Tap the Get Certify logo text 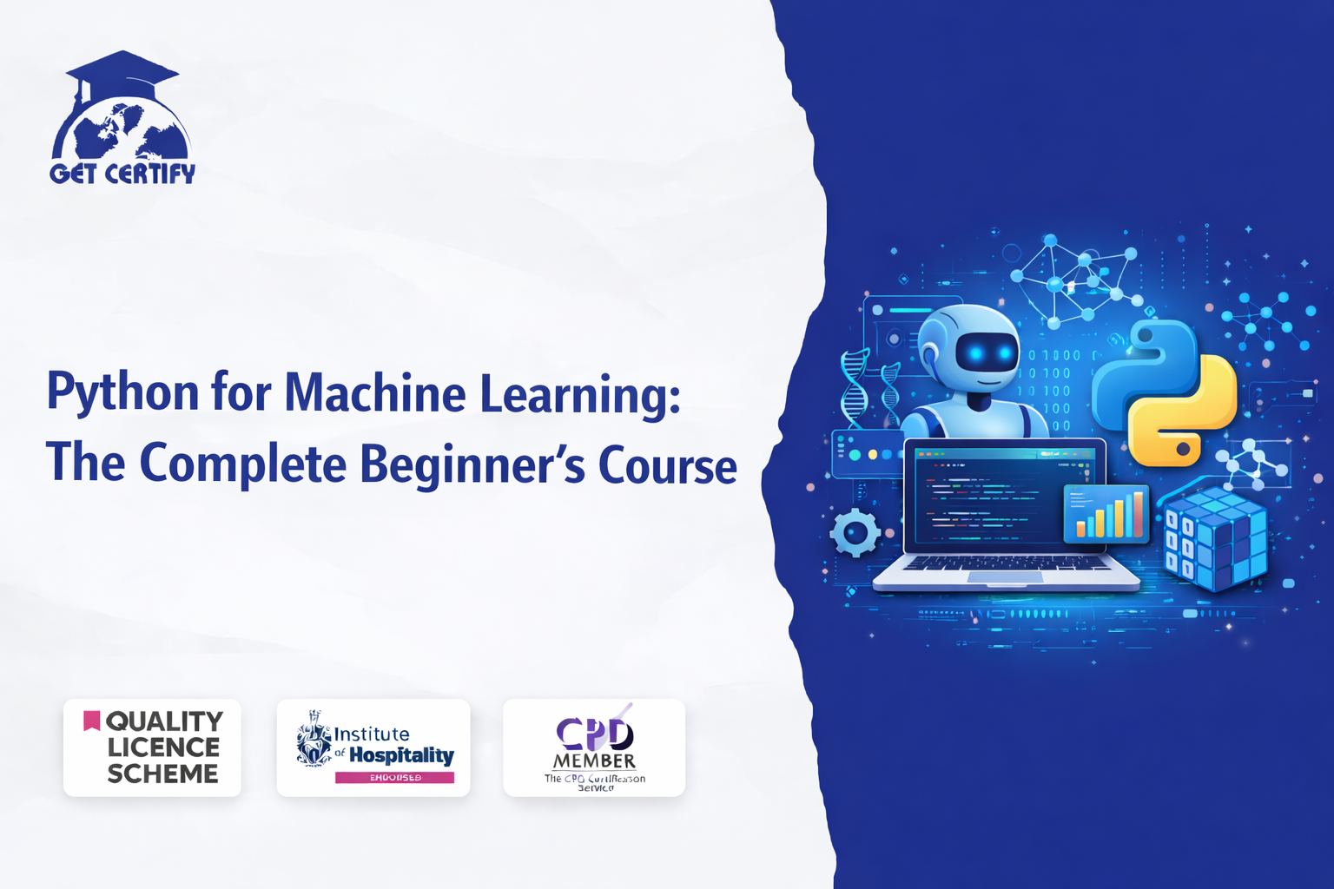(x=122, y=174)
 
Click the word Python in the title (x=123, y=393)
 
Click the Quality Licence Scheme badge (x=152, y=747)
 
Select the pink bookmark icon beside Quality (x=91, y=721)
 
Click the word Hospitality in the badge (x=401, y=755)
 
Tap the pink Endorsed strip (x=394, y=778)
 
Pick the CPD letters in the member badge (x=595, y=734)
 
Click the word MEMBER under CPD (x=595, y=761)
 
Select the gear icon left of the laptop (x=855, y=532)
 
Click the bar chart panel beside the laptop (x=1106, y=514)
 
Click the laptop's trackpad (x=1005, y=577)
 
